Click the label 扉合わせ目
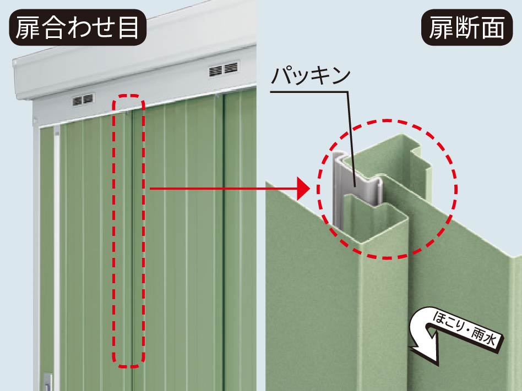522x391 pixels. [x=77, y=27]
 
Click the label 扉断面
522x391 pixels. [x=467, y=27]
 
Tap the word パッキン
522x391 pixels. [x=311, y=76]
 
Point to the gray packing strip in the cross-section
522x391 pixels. [x=356, y=186]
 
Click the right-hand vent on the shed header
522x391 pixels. [x=224, y=69]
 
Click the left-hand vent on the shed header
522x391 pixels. [x=83, y=100]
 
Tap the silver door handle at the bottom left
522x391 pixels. [x=47, y=382]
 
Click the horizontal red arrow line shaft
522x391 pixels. [x=223, y=189]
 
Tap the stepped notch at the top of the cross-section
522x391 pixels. [x=420, y=156]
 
